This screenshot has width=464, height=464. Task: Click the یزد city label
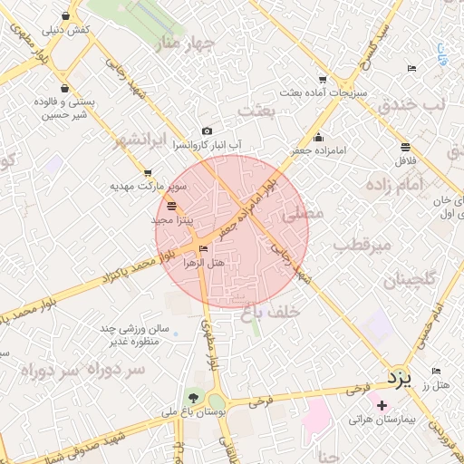pyautogui.click(x=399, y=374)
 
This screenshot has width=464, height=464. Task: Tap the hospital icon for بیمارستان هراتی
pyautogui.click(x=382, y=404)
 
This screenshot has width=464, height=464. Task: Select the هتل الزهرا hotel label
pyautogui.click(x=203, y=263)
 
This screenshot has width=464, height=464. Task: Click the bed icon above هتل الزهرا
pyautogui.click(x=203, y=248)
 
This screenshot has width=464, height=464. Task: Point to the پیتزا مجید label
pyautogui.click(x=171, y=220)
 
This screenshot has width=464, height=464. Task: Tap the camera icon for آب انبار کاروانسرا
pyautogui.click(x=208, y=131)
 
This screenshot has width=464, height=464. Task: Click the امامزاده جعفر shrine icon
pyautogui.click(x=317, y=138)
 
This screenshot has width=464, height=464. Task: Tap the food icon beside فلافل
pyautogui.click(x=404, y=147)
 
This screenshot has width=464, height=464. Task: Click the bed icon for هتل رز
pyautogui.click(x=436, y=372)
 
